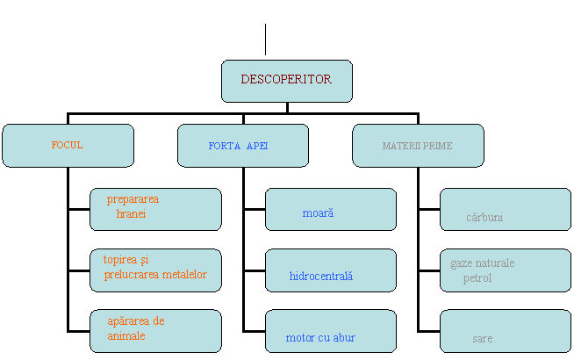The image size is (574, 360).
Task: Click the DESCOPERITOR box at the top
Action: (x=286, y=81)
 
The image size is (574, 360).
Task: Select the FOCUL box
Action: (x=68, y=145)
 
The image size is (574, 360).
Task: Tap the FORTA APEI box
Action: (x=242, y=146)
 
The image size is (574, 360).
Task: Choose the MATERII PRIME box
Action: (x=418, y=146)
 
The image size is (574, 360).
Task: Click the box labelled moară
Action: (x=330, y=209)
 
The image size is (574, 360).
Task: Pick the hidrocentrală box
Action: (x=330, y=270)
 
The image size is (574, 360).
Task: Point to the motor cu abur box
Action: (x=330, y=331)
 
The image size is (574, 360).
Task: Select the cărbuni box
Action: (x=505, y=209)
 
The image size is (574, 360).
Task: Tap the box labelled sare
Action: (x=505, y=331)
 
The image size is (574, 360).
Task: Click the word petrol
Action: (x=477, y=278)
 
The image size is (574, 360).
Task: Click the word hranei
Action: (x=131, y=214)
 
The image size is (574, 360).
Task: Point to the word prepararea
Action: (x=133, y=199)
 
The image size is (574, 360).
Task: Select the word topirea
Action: (x=120, y=260)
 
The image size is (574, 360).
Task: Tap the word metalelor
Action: (x=184, y=275)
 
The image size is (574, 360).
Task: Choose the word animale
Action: (x=126, y=336)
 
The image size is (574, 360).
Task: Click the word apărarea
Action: (x=128, y=321)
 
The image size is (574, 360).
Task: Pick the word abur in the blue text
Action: (x=342, y=338)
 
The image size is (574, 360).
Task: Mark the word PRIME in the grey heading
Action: (x=437, y=146)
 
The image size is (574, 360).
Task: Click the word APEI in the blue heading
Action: (x=257, y=146)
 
